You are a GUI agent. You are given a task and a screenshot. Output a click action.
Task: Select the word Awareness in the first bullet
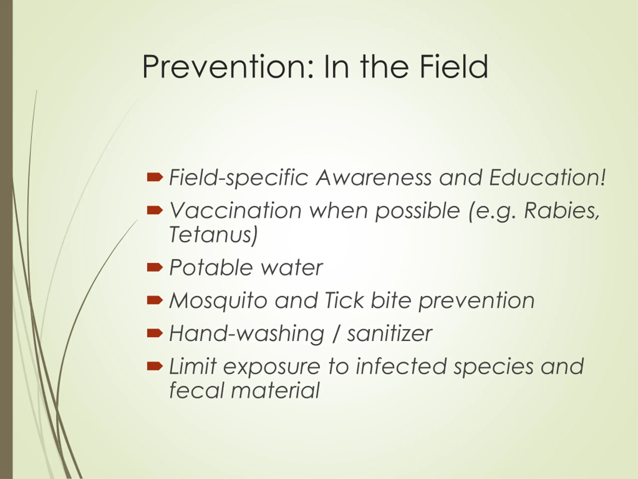(x=374, y=177)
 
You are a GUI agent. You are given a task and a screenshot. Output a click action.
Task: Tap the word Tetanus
(x=213, y=234)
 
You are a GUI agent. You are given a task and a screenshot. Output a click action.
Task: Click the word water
(x=292, y=268)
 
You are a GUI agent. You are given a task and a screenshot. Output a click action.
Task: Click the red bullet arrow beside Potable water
(x=155, y=268)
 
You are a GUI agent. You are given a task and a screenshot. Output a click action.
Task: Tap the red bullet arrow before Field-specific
(x=155, y=177)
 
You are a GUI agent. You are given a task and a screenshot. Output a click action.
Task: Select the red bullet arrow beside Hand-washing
(x=155, y=333)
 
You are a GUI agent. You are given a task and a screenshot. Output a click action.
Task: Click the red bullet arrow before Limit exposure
(x=155, y=366)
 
